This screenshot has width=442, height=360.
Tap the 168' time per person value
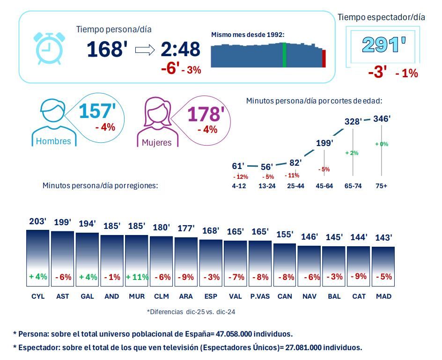point(107,50)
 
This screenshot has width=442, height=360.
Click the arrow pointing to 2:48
point(145,50)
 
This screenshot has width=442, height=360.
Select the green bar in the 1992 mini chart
point(284,55)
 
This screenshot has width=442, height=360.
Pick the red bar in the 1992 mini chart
point(324,59)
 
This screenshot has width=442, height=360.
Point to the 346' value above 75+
point(382,119)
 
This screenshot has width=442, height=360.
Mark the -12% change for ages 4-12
point(240,176)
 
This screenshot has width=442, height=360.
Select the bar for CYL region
point(38,257)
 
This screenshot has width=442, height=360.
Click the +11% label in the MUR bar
point(137,277)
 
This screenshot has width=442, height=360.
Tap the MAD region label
point(383,296)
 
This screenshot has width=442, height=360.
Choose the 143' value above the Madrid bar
point(383,238)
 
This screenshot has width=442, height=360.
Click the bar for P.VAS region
point(260,262)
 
